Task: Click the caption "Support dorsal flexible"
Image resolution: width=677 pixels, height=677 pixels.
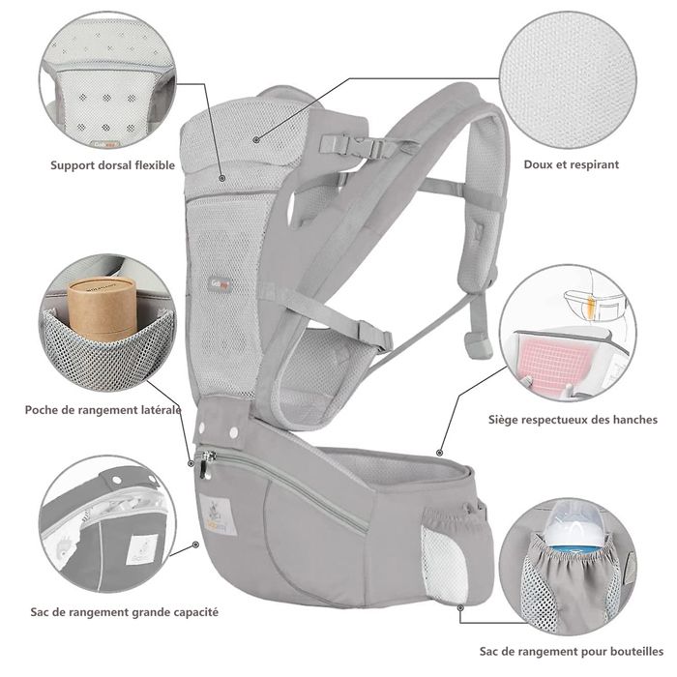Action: click(x=113, y=165)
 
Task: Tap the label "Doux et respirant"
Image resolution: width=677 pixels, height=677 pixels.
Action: click(x=572, y=164)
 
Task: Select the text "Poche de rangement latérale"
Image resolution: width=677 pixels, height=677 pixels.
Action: click(x=103, y=410)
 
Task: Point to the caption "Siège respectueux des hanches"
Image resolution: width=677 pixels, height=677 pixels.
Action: click(x=573, y=420)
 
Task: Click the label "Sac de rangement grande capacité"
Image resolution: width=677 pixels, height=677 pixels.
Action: click(x=125, y=612)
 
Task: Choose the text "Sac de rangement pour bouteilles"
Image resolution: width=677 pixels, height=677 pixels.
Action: click(x=572, y=652)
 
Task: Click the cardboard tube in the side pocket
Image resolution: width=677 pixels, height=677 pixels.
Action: click(x=103, y=307)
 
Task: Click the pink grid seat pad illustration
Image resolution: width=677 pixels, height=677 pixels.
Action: click(x=548, y=363)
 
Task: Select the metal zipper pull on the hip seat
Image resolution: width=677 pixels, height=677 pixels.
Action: click(x=206, y=464)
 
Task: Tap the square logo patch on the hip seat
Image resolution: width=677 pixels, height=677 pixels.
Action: click(x=218, y=515)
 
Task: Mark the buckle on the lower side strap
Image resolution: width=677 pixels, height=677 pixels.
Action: click(x=374, y=335)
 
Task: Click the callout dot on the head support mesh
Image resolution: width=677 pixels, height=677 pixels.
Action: click(x=256, y=139)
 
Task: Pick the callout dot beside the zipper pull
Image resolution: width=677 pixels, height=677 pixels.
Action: click(x=191, y=463)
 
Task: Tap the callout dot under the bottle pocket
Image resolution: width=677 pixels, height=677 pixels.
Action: click(x=460, y=607)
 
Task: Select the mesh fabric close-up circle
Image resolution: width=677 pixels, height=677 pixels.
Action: click(x=568, y=79)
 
